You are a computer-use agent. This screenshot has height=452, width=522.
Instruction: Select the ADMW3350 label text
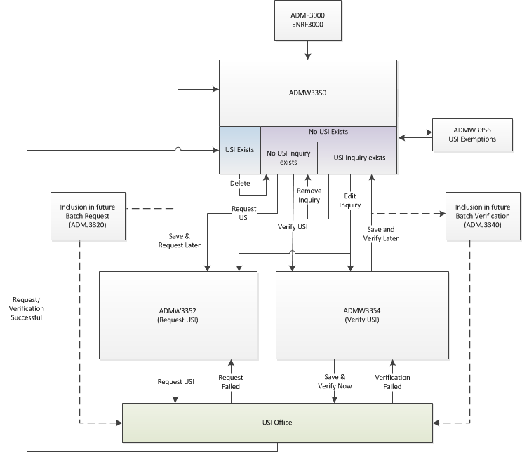[x=308, y=92]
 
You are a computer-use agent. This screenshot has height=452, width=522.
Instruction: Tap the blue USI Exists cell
[x=239, y=149]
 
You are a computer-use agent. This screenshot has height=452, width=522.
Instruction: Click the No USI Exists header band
[x=328, y=132]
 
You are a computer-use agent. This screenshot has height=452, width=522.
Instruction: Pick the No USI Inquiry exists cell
[x=288, y=158]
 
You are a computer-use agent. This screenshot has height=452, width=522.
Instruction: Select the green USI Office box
[x=278, y=423]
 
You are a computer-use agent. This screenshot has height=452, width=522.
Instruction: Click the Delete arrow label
[x=240, y=184]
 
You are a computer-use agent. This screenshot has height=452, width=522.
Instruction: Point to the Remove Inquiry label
[x=309, y=195]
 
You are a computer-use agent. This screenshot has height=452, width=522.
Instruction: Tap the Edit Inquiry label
[x=349, y=200]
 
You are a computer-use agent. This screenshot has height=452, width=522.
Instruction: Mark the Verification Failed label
[x=392, y=382]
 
